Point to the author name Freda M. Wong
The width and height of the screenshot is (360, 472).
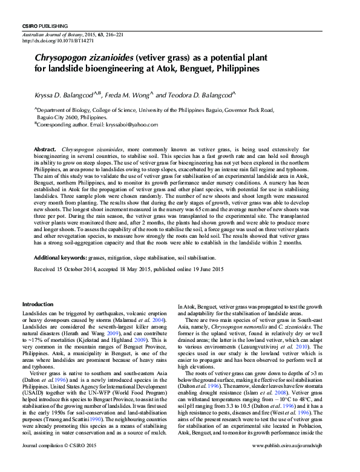tap(131, 96)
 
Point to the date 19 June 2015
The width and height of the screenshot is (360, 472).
tap(207, 269)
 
